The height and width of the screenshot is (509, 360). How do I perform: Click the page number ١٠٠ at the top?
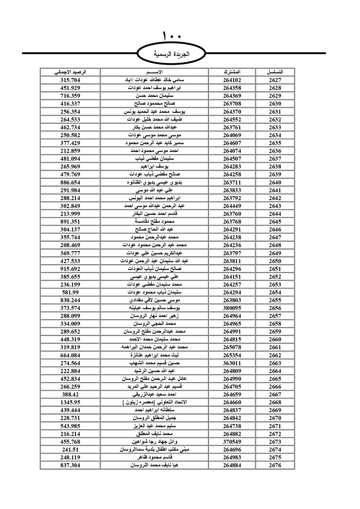coord(172,36)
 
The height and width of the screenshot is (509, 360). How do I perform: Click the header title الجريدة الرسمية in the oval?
coord(171,54)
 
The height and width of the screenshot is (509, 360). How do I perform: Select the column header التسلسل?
coord(275,72)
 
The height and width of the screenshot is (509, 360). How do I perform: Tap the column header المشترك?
coord(232,72)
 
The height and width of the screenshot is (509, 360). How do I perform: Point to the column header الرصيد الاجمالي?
coord(70,72)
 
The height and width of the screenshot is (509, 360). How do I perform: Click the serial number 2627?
coord(275,80)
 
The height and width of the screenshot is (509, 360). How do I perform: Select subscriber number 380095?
coord(232,308)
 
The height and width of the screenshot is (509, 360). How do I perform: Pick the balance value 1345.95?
coord(70,402)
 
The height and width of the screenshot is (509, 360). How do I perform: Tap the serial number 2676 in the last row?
coord(275,465)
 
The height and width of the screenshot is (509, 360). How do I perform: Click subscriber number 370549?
coord(232,442)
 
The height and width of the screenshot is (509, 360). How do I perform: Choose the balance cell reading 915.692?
coord(70,269)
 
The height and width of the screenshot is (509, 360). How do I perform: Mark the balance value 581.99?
coord(70,292)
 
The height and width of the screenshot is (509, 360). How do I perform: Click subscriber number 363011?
coord(232,363)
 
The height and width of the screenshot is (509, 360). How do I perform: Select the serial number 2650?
coord(275,261)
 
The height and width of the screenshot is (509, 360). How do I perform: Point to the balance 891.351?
coord(70,222)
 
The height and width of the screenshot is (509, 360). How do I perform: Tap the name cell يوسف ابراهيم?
coord(155,167)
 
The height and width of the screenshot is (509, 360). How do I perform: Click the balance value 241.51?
coord(70,450)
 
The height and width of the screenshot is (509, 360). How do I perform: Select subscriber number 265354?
coord(232,355)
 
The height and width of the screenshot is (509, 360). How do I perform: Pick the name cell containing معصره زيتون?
coord(155,402)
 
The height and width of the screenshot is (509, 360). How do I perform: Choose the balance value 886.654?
coord(70,183)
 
